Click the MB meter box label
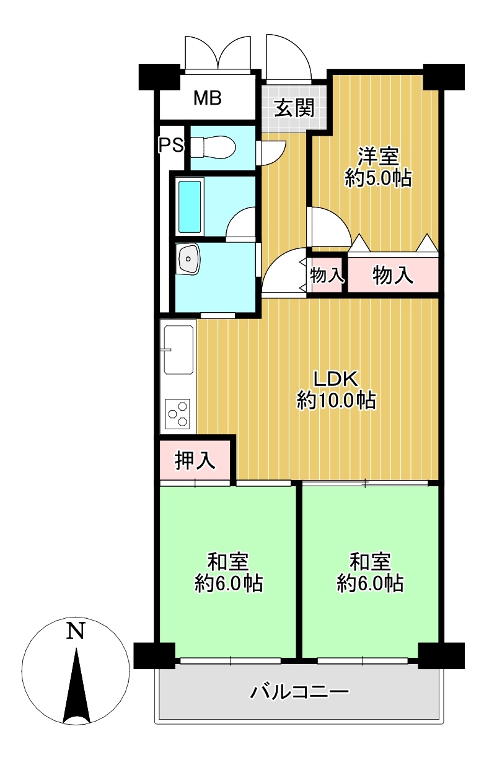[208, 98]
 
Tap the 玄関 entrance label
[294, 108]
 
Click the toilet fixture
[213, 147]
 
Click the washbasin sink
[188, 259]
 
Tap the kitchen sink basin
[178, 350]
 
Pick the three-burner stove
[177, 414]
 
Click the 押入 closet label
[195, 460]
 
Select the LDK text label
[336, 379]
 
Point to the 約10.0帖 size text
[337, 400]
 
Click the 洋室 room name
[379, 157]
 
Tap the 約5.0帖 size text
[379, 178]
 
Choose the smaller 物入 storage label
[327, 275]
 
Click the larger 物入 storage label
[393, 275]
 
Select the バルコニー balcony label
[299, 692]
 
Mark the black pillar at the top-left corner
[159, 77]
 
